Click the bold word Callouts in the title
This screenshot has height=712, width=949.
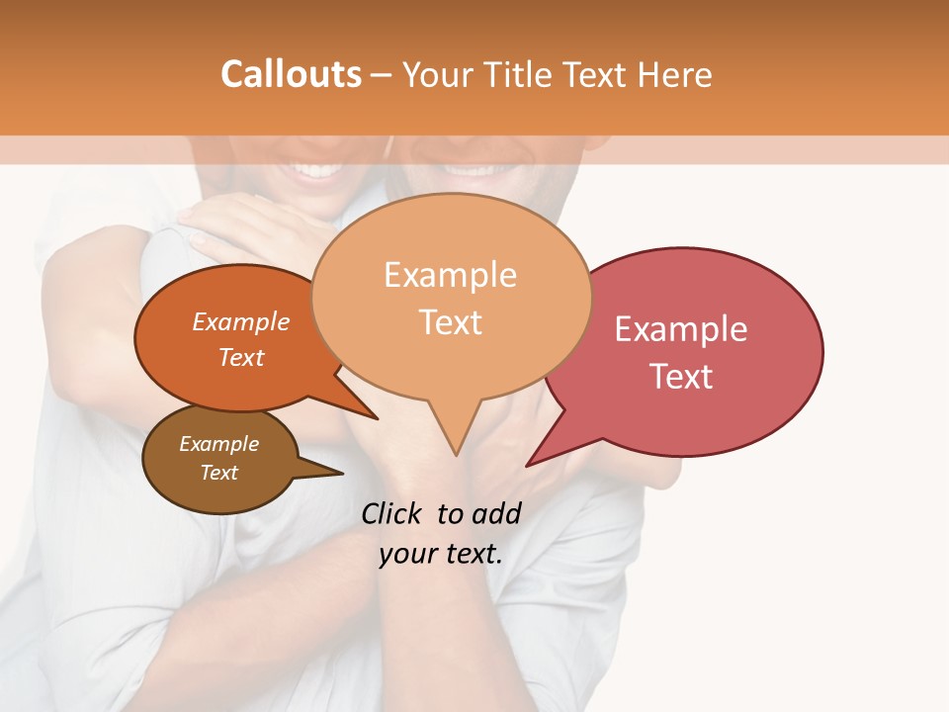(x=291, y=74)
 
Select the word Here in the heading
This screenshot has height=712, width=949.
(x=675, y=74)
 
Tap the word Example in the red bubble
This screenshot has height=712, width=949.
(x=680, y=329)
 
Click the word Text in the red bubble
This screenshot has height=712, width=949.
(x=680, y=377)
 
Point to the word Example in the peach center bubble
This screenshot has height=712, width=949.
(x=450, y=275)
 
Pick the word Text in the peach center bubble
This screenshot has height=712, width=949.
(x=450, y=322)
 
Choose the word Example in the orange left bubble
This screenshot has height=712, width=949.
(x=241, y=321)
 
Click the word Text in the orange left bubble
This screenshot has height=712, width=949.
(x=241, y=357)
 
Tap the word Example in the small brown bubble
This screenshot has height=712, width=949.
(x=218, y=444)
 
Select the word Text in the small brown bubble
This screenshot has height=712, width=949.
(x=218, y=473)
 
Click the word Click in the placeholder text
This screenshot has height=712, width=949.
(x=393, y=513)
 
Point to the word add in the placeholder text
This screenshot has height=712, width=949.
(x=496, y=513)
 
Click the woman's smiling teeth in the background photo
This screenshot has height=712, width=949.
(x=314, y=170)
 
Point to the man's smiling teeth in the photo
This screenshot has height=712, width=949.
(x=472, y=168)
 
